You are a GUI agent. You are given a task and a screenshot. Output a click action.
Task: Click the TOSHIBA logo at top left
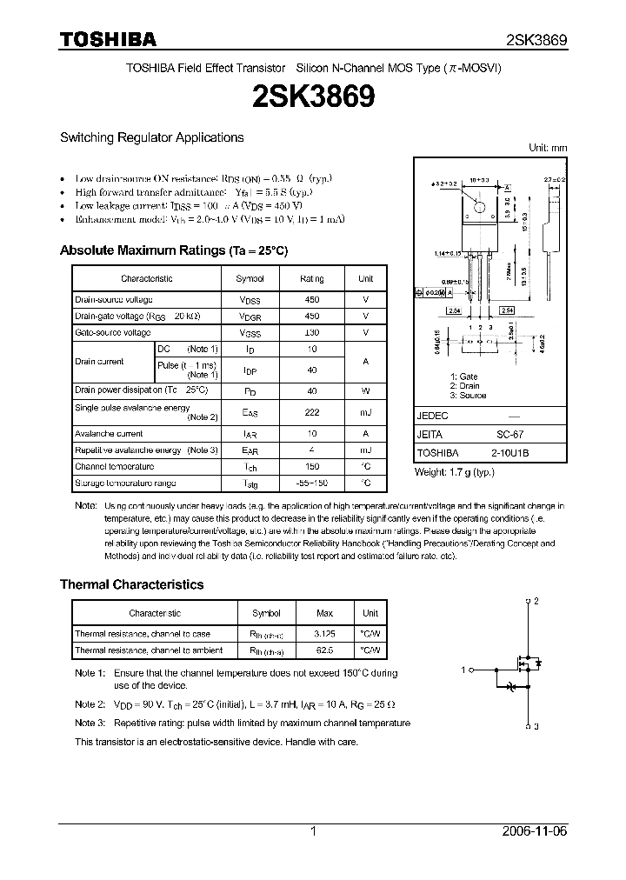(108, 39)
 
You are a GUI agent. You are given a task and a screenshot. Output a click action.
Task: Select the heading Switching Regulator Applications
(151, 137)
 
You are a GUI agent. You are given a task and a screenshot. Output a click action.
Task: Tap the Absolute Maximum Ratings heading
(173, 250)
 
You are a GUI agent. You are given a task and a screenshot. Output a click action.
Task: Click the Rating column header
(311, 278)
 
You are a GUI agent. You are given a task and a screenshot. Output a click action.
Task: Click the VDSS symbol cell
(250, 300)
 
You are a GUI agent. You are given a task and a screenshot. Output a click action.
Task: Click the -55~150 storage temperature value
(311, 483)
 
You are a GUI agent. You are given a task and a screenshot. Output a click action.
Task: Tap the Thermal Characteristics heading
(131, 584)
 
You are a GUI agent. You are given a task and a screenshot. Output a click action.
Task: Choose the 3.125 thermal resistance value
(323, 634)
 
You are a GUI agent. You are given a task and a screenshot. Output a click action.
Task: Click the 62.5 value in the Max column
(323, 650)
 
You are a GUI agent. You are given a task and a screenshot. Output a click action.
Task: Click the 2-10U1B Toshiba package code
(509, 453)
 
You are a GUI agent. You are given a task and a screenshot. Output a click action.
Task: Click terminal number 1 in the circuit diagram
(464, 669)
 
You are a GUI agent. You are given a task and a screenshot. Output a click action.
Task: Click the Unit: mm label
(548, 148)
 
